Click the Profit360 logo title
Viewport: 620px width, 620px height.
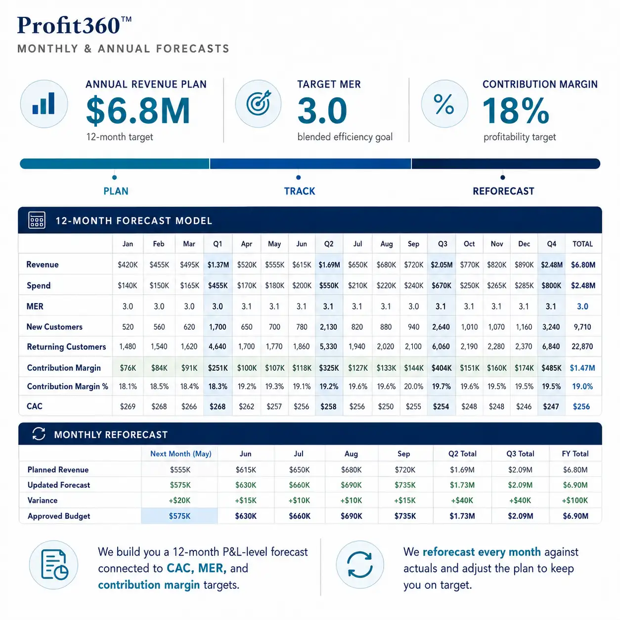pos(74,25)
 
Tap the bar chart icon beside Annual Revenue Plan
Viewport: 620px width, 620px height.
pos(44,103)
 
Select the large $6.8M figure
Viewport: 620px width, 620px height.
pos(138,110)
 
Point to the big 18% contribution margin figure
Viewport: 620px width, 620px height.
pos(516,111)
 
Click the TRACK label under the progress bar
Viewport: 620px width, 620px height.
pos(299,191)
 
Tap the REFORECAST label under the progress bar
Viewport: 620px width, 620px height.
pos(503,191)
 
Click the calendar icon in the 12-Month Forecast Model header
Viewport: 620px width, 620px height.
pos(37,220)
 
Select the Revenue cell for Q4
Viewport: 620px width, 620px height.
pos(551,265)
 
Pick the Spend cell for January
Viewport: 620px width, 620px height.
pos(128,285)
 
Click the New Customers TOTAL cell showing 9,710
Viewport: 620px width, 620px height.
pos(582,327)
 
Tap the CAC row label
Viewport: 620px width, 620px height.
pos(35,406)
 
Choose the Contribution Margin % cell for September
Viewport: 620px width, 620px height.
pos(413,386)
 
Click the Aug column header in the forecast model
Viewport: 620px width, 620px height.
pos(387,244)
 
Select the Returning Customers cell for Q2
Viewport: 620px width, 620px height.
pos(328,347)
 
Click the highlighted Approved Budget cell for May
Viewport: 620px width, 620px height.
pos(179,516)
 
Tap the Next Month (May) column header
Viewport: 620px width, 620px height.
pos(181,454)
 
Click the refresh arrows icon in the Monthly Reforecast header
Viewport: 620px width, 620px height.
pos(39,434)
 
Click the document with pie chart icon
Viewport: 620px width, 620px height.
pos(54,565)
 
